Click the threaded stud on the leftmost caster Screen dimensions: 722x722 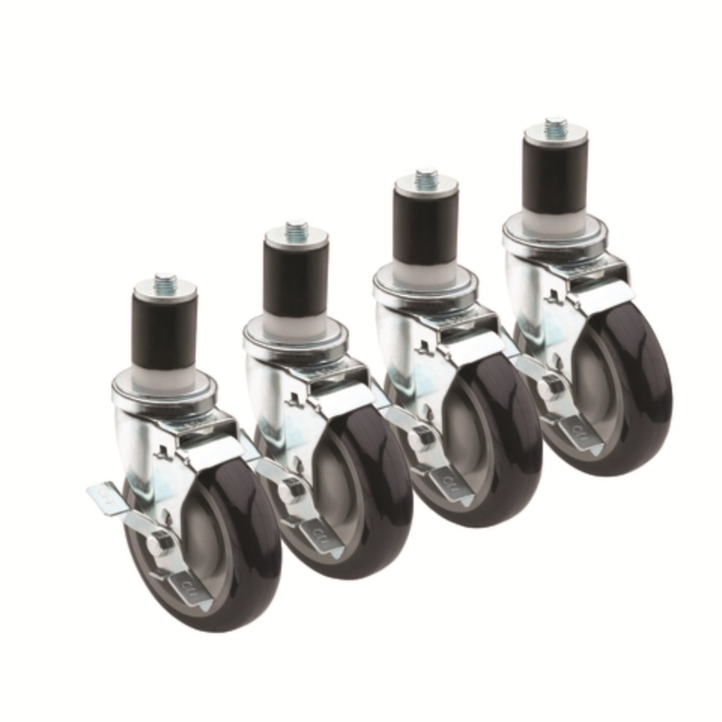coord(164,282)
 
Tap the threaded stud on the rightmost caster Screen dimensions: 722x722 coord(556,126)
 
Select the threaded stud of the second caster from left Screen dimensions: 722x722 coord(296,230)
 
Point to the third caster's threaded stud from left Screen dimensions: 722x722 coord(426,178)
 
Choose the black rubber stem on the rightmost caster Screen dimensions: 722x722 coord(556,179)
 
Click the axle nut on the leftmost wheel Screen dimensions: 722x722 coord(162,541)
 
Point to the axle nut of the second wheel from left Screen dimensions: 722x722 coord(291,490)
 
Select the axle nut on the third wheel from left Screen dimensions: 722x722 coord(421,439)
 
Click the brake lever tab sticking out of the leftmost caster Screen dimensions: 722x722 coord(104,496)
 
